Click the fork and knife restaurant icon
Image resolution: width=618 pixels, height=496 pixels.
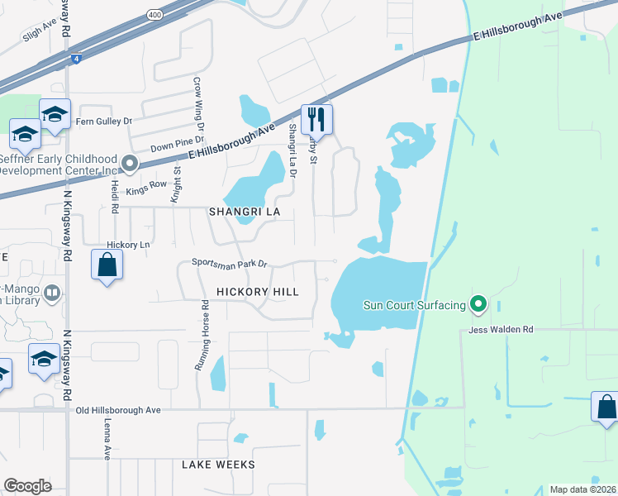(x=316, y=120)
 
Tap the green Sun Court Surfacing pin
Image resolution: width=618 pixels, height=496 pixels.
(x=478, y=305)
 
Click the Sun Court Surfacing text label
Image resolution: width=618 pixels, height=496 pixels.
(x=415, y=305)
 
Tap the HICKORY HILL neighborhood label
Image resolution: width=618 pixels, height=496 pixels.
(x=257, y=292)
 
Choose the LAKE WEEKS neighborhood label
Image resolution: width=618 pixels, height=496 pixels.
(x=218, y=465)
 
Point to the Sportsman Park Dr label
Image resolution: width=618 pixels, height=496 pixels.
(x=231, y=264)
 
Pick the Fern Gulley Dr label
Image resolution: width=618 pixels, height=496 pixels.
(x=104, y=121)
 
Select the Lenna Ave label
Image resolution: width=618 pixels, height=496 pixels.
(x=107, y=438)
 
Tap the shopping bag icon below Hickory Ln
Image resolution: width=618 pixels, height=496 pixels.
(x=107, y=265)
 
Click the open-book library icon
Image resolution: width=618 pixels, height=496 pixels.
(x=52, y=293)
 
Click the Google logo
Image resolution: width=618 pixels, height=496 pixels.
(x=27, y=486)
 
